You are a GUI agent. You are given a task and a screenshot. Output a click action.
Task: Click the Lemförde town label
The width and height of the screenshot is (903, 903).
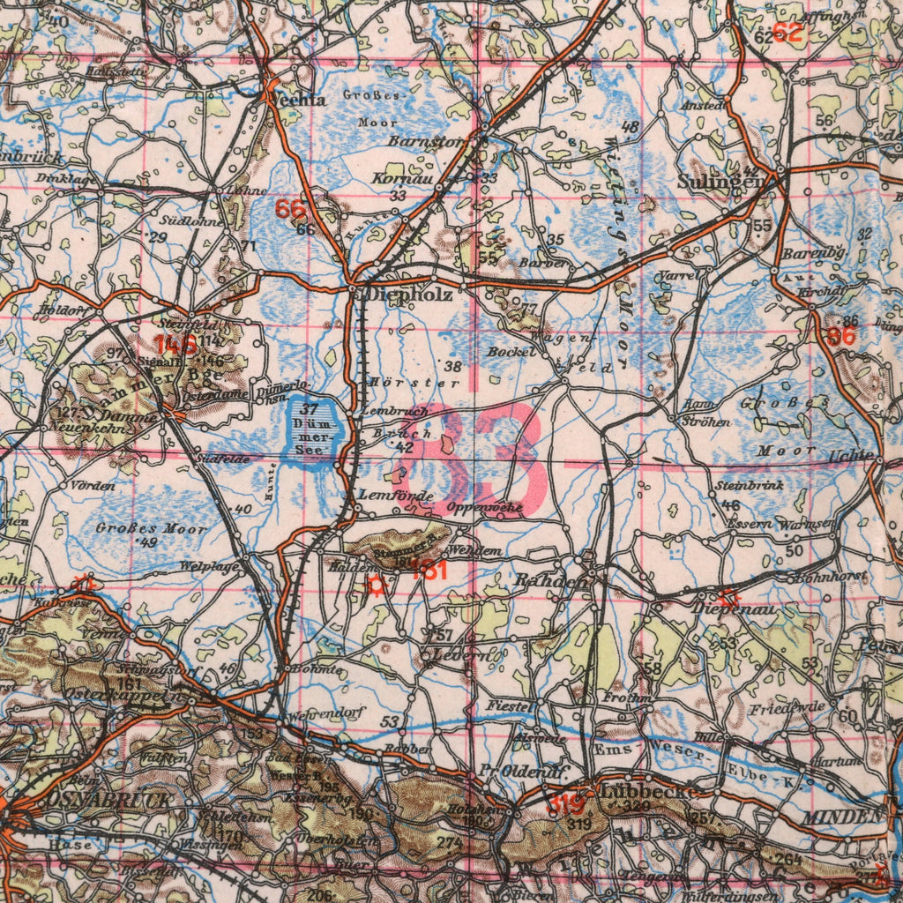[x=394, y=496]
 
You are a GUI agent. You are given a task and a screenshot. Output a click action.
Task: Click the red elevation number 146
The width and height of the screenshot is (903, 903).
[x=175, y=344]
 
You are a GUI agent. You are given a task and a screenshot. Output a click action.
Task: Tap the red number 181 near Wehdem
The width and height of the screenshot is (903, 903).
[x=429, y=571]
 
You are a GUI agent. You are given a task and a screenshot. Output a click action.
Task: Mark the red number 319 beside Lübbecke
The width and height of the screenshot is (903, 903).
[x=563, y=804]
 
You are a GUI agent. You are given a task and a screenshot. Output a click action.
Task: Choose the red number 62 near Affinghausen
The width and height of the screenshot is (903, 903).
[x=787, y=34]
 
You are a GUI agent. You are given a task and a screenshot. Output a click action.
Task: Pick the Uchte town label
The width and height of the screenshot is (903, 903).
[x=852, y=456]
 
